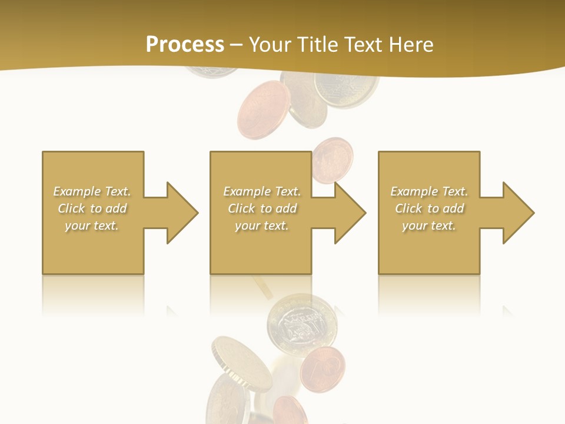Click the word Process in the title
[185, 44]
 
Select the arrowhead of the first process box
[181, 213]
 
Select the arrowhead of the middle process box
[349, 213]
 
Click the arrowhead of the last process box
[517, 213]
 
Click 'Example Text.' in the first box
[92, 191]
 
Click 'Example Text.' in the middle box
[262, 191]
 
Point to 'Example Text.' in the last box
[429, 191]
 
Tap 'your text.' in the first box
[92, 226]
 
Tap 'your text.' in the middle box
[262, 226]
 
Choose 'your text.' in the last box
[429, 226]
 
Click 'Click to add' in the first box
[92, 208]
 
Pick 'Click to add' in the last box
[429, 208]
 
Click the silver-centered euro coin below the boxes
[302, 323]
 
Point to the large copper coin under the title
[262, 110]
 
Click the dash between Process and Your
[236, 45]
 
